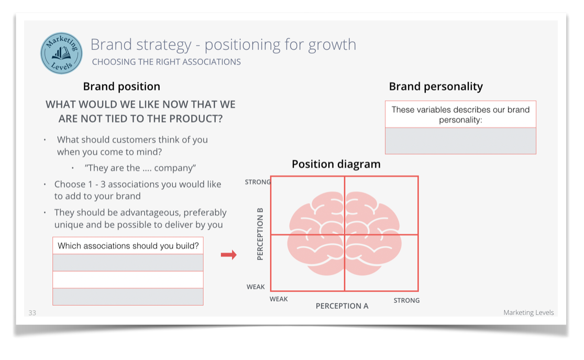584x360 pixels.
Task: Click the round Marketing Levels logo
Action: point(61,53)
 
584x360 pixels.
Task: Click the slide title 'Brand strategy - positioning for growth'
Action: point(223,45)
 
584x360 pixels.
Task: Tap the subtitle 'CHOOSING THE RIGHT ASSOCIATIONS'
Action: point(166,62)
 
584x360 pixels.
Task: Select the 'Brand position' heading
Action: point(122,86)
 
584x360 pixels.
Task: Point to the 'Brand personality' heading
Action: point(436,86)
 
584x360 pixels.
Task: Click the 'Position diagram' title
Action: point(336,164)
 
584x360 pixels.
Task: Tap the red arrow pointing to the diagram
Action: point(228,255)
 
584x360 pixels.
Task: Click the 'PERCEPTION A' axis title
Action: point(342,306)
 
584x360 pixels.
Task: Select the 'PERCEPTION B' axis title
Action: point(260,234)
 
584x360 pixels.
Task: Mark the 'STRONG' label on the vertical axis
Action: point(258,182)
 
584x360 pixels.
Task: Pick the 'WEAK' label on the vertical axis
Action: point(256,287)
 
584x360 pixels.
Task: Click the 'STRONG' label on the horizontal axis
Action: point(406,300)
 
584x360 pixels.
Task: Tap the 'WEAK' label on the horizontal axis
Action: point(279,299)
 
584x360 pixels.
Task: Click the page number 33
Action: point(32,313)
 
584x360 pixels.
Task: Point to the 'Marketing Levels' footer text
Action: point(528,313)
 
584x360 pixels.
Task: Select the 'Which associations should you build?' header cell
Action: point(128,246)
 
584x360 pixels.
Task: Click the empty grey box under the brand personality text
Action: point(460,140)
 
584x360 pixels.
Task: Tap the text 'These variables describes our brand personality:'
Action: point(460,114)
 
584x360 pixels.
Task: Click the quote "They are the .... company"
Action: point(140,168)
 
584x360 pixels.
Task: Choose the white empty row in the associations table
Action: point(128,279)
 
